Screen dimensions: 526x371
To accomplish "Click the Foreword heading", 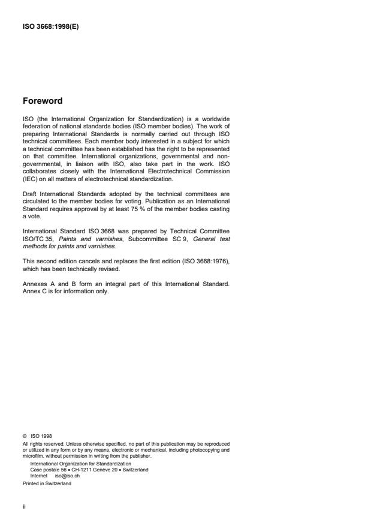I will pyautogui.click(x=43, y=101).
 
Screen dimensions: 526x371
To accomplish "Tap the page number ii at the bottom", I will pyautogui.click(x=24, y=505).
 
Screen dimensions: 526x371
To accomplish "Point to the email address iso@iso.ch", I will pyautogui.click(x=67, y=476).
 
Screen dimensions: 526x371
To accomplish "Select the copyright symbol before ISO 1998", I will pyautogui.click(x=24, y=437).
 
